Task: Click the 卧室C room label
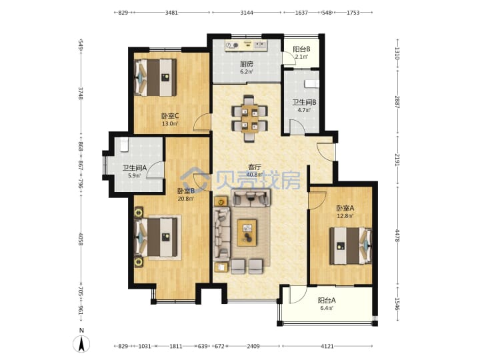[170, 116]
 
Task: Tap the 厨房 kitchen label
[247, 64]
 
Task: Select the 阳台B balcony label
[301, 49]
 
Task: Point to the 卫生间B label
[304, 102]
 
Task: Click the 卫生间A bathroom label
[135, 168]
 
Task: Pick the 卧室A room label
[345, 208]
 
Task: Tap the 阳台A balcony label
[327, 300]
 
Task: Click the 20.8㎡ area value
[186, 199]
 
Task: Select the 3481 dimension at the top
[171, 13]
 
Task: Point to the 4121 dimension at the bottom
[327, 346]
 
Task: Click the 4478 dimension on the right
[397, 236]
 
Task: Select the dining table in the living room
[249, 119]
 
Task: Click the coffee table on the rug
[247, 233]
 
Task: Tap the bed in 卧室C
[155, 77]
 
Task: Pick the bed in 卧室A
[351, 246]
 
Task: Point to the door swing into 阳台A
[297, 295]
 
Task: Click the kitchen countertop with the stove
[246, 45]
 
